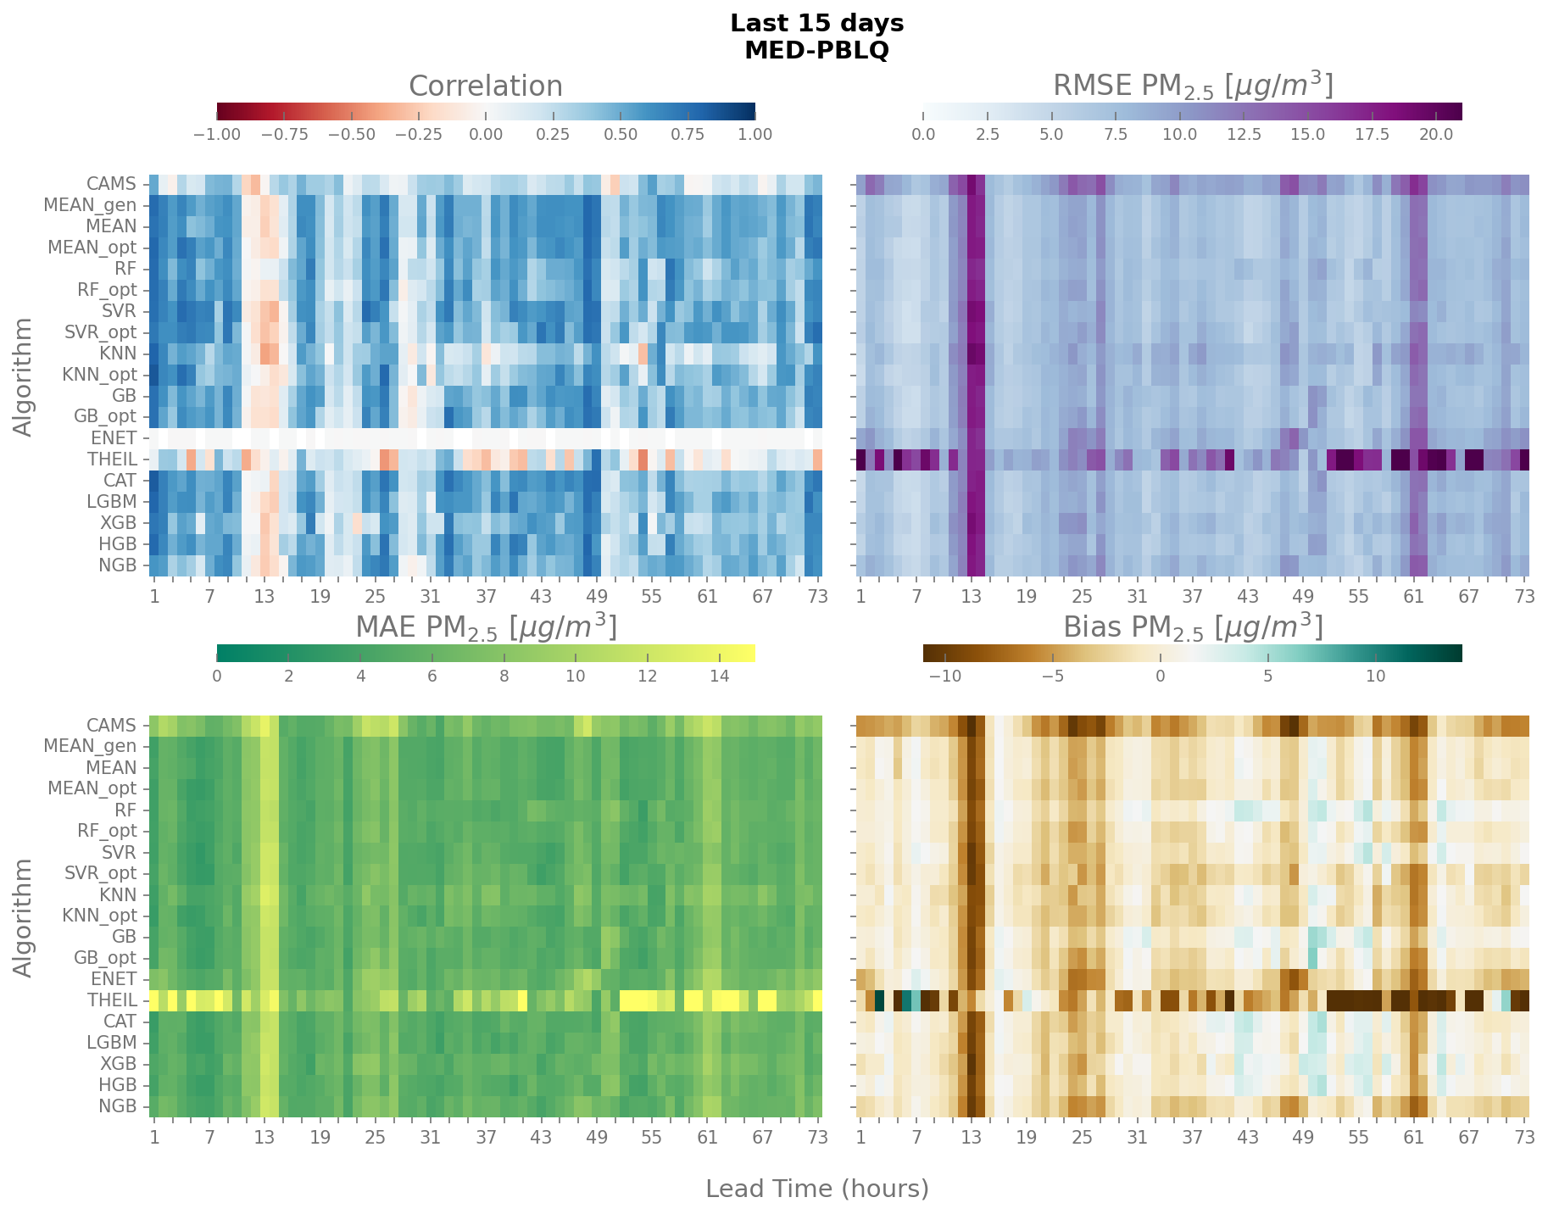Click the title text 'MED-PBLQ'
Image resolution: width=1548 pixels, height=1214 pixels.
point(816,51)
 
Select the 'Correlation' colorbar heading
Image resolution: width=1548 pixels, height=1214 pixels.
point(486,86)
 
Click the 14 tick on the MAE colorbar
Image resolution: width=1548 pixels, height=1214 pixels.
point(719,676)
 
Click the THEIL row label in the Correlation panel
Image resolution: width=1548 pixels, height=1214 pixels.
point(112,459)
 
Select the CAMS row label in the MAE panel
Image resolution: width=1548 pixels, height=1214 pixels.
point(111,726)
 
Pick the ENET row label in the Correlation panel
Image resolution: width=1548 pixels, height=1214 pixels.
point(114,438)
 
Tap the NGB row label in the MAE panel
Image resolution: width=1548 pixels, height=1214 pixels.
point(117,1106)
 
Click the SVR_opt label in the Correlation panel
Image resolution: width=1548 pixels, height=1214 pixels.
point(100,332)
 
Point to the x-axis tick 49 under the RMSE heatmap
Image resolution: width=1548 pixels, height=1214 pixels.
point(1303,596)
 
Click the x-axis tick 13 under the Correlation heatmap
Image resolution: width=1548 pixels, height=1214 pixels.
point(264,596)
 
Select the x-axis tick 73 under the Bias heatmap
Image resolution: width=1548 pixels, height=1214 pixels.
point(1524,1138)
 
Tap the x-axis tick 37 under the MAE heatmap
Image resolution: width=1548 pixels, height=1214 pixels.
point(486,1138)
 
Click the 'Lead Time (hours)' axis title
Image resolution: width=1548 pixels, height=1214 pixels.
point(816,1189)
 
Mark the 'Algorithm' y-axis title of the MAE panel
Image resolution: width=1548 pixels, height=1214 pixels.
point(24,917)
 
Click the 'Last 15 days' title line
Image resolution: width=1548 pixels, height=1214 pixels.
point(816,24)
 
